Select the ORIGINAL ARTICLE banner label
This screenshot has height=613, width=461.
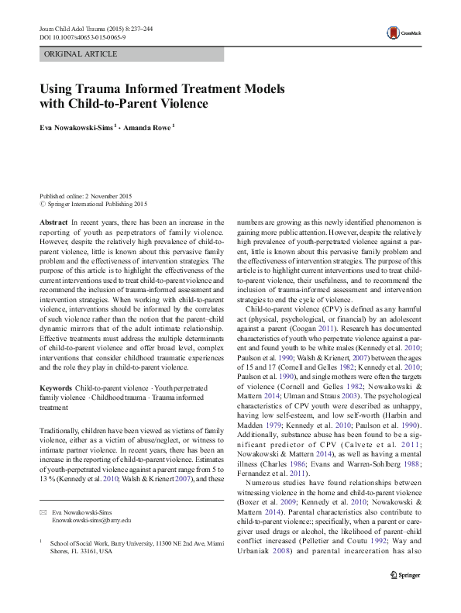pyautogui.click(x=81, y=54)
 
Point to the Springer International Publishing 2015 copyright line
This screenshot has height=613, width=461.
pyautogui.click(x=97, y=205)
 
